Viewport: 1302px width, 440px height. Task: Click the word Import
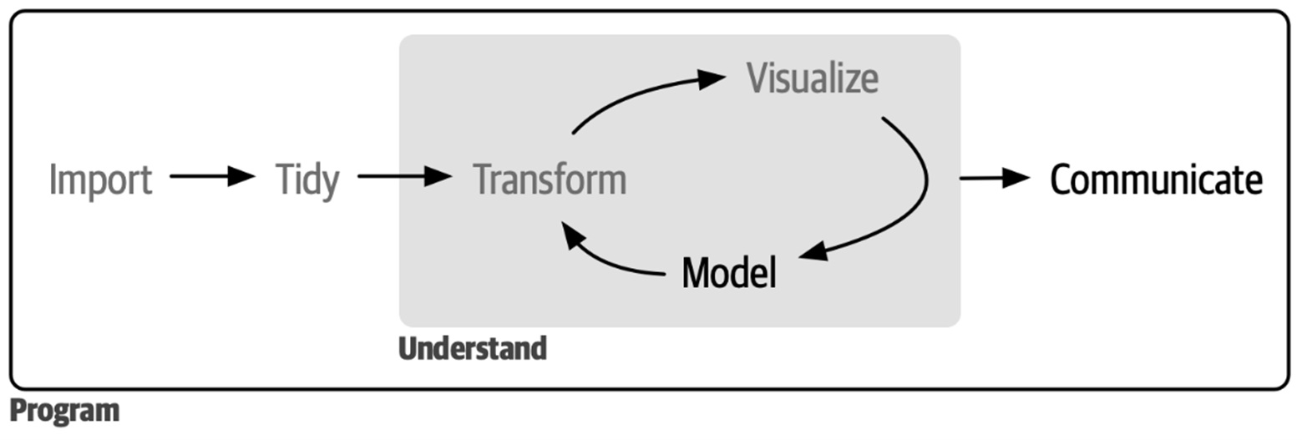point(100,180)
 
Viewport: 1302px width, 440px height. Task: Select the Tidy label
point(307,180)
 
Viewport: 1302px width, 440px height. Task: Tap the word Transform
point(550,179)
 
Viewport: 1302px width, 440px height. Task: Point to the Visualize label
point(813,78)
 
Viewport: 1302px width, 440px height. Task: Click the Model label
point(729,272)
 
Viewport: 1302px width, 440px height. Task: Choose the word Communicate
point(1156,180)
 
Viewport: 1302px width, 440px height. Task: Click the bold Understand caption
point(473,349)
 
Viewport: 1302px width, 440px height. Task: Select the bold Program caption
point(64,411)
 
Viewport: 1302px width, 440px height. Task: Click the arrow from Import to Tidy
point(213,175)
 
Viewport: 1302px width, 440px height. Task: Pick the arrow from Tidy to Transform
point(405,175)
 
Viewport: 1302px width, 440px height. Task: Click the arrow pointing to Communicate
point(995,178)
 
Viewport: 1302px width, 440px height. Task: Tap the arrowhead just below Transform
point(572,235)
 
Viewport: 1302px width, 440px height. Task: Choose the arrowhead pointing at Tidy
point(241,175)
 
